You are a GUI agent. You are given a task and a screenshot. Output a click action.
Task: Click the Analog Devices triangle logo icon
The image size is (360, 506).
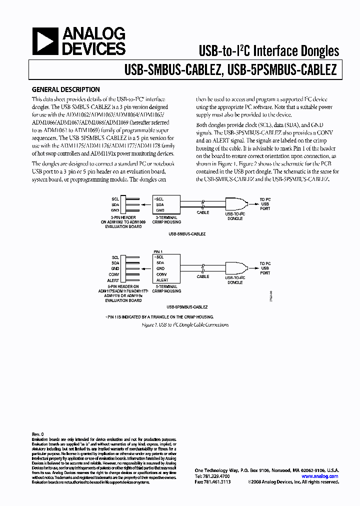point(45,41)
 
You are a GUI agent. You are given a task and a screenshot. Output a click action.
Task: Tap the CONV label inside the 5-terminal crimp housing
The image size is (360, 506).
point(161,274)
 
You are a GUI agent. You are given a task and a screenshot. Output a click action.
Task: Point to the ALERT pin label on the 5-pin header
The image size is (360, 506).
point(112,281)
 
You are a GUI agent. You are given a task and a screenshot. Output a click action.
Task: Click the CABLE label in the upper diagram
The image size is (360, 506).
point(203,212)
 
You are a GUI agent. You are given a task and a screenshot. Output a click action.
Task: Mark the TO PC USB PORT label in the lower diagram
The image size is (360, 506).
point(264,268)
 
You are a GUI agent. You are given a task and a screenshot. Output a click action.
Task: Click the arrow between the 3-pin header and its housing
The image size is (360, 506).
point(145,204)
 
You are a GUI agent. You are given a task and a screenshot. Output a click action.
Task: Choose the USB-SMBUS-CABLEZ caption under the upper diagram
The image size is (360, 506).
point(187,233)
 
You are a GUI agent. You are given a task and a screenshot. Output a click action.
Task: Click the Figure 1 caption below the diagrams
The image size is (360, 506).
point(184,324)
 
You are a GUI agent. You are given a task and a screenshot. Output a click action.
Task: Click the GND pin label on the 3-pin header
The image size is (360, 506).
point(115,210)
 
